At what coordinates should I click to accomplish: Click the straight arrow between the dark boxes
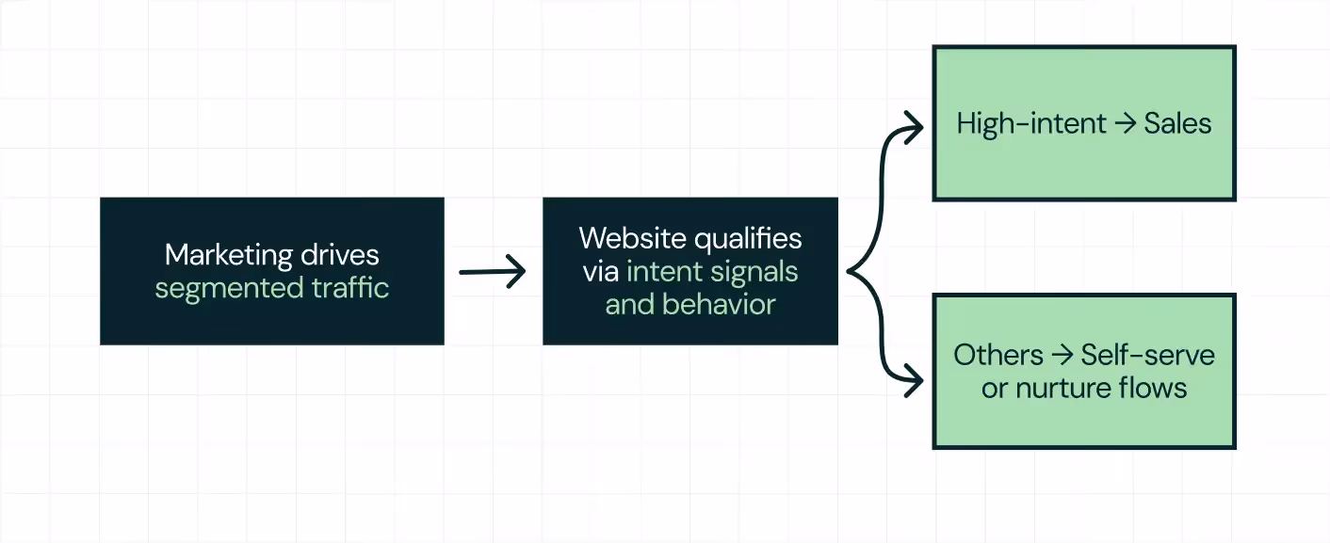click(x=492, y=272)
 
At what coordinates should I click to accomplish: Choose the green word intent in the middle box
click(x=661, y=272)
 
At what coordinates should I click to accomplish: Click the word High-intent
click(x=1018, y=123)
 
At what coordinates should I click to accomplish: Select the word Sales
click(x=1177, y=123)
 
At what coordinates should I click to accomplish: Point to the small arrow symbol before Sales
click(x=1125, y=123)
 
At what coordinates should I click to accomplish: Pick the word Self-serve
click(x=1147, y=355)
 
